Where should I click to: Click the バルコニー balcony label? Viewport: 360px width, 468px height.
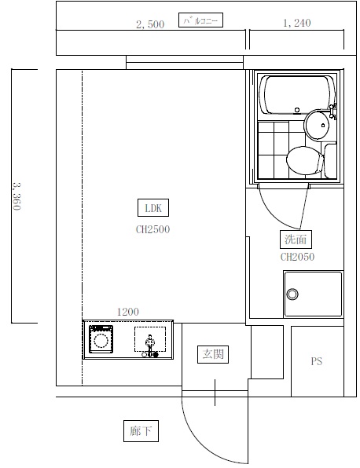click(200, 20)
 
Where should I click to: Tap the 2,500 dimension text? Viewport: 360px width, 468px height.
click(150, 24)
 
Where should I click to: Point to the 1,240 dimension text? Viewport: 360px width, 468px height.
click(297, 23)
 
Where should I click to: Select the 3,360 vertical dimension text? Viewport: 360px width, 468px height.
click(17, 196)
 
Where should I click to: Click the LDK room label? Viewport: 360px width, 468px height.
click(153, 208)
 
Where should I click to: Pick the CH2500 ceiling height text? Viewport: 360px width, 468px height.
click(152, 229)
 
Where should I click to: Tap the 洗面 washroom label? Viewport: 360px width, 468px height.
click(296, 239)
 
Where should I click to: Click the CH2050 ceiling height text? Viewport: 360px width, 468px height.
click(297, 257)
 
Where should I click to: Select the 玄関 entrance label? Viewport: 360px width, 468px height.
click(213, 354)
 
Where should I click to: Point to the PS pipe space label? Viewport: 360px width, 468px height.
click(317, 361)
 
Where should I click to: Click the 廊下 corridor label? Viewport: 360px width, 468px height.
click(141, 431)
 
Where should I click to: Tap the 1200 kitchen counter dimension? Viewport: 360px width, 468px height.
click(128, 312)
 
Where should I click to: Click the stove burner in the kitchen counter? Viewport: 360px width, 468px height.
click(101, 339)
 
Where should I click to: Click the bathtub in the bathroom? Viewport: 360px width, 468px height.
click(297, 95)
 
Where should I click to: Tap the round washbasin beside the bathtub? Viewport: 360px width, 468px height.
click(317, 125)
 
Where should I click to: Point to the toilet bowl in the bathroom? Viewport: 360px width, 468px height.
click(305, 160)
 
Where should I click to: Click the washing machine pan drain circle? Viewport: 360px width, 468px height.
click(292, 294)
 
